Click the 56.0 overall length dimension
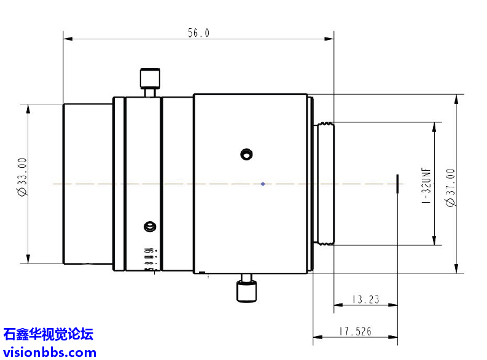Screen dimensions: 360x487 [198, 34]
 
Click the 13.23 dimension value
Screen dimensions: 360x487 [365, 300]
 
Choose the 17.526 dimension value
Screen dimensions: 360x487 [356, 332]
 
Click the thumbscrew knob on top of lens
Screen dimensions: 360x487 [150, 79]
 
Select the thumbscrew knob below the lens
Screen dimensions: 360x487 [246, 291]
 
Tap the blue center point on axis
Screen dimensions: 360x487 [263, 183]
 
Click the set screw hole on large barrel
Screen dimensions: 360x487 [246, 154]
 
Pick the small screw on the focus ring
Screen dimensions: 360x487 [148, 227]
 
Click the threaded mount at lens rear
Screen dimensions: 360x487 [324, 183]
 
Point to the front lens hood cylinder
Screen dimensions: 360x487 [88, 183]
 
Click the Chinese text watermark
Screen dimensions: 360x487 [48, 335]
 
